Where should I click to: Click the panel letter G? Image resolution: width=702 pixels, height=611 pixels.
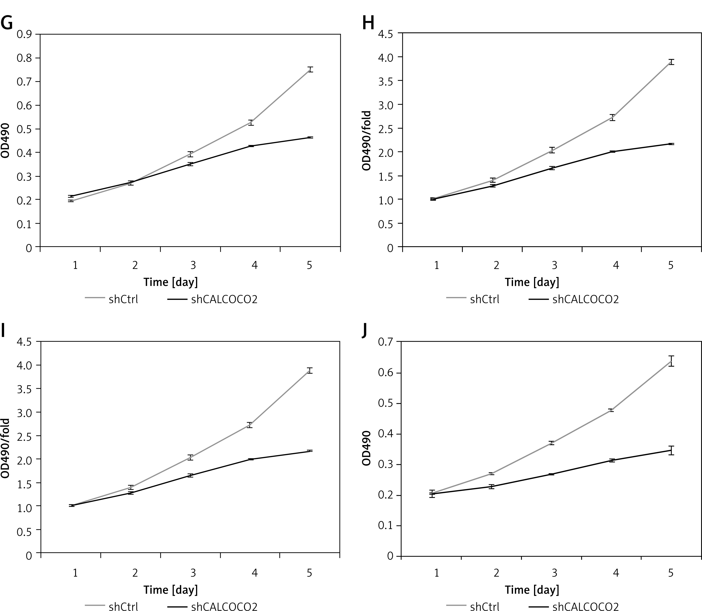point(7,23)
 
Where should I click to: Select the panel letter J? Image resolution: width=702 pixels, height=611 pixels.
point(364,330)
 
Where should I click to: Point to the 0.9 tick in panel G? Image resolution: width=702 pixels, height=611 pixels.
point(24,34)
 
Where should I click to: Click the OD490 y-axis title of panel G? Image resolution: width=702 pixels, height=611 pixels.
point(5,140)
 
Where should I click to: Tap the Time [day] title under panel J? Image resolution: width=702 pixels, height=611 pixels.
point(532,590)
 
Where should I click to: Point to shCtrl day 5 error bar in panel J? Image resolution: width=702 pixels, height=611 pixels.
point(671,361)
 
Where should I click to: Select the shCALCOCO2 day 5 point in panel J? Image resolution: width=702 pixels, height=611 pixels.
point(671,450)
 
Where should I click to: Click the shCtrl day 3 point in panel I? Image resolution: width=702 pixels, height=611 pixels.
point(190,458)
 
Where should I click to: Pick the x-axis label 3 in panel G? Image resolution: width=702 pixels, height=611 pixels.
point(193,265)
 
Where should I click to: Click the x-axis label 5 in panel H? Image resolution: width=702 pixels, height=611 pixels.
point(671,265)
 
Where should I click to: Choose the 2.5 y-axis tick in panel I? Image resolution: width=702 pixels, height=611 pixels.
point(24,436)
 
